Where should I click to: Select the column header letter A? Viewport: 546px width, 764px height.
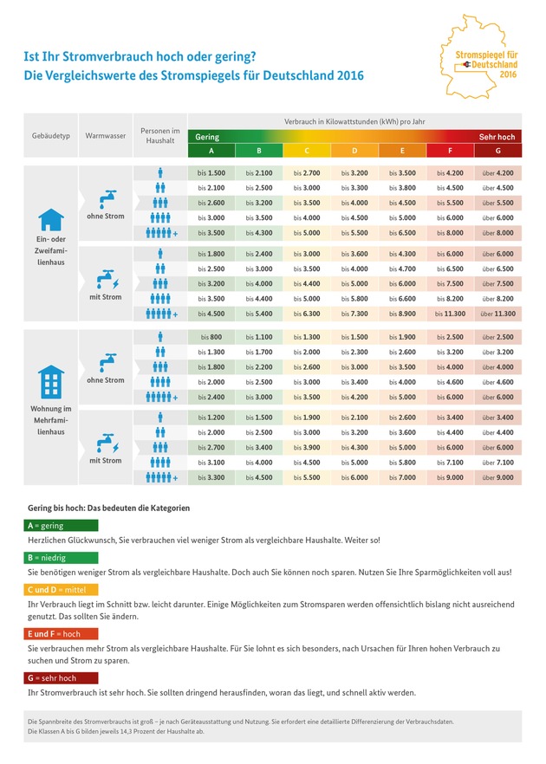pyautogui.click(x=211, y=151)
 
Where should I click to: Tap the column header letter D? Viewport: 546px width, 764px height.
pyautogui.click(x=354, y=151)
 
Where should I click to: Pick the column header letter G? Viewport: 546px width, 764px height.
pyautogui.click(x=497, y=151)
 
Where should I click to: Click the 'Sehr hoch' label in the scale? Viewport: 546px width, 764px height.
pyautogui.click(x=497, y=137)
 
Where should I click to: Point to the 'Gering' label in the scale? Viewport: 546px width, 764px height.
pyautogui.click(x=207, y=137)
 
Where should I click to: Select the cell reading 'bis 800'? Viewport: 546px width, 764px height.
pyautogui.click(x=211, y=337)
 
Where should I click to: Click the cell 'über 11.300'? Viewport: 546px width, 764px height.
pyautogui.click(x=497, y=314)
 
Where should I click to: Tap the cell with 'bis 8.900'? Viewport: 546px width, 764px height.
pyautogui.click(x=402, y=314)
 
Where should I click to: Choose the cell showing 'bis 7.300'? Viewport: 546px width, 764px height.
pyautogui.click(x=354, y=314)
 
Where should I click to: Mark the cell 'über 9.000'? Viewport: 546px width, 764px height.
pyautogui.click(x=497, y=477)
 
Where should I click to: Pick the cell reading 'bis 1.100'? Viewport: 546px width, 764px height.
pyautogui.click(x=259, y=337)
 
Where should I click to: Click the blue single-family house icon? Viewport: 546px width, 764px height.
pyautogui.click(x=51, y=219)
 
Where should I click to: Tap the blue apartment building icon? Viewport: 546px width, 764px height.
pyautogui.click(x=51, y=380)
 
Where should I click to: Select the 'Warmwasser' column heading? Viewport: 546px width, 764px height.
pyautogui.click(x=103, y=137)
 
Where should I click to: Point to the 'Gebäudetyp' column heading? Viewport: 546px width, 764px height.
pyautogui.click(x=51, y=137)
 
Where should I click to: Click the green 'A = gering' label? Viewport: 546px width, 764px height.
pyautogui.click(x=61, y=525)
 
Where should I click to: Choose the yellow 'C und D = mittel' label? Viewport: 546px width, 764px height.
pyautogui.click(x=61, y=589)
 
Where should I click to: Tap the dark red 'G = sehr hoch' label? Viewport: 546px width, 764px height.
pyautogui.click(x=61, y=677)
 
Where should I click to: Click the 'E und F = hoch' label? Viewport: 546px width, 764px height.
pyautogui.click(x=61, y=633)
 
